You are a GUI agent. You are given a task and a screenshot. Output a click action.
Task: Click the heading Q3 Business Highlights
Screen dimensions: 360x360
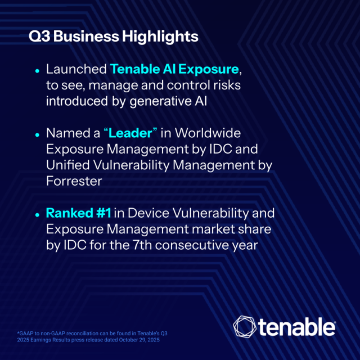(114, 37)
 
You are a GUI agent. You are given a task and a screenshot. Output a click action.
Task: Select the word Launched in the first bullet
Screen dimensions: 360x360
(76, 69)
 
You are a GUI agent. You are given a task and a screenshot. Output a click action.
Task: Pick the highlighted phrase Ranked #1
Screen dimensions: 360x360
(79, 214)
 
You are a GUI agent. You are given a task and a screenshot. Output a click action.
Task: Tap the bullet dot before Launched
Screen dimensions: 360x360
(37, 71)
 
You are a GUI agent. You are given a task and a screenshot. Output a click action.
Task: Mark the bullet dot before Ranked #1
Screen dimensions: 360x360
(37, 215)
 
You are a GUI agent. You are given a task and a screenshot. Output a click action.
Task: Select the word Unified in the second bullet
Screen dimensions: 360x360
(67, 166)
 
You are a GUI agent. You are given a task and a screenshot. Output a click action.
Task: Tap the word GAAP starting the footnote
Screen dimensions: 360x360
(27, 334)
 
